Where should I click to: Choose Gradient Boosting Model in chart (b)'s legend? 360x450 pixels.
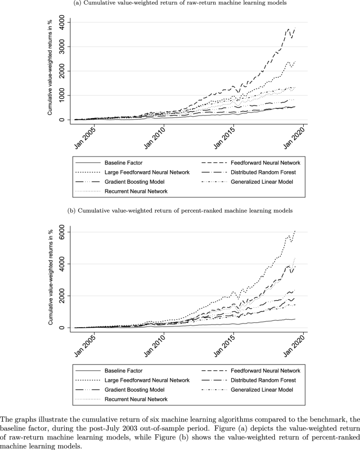point(135,390)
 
